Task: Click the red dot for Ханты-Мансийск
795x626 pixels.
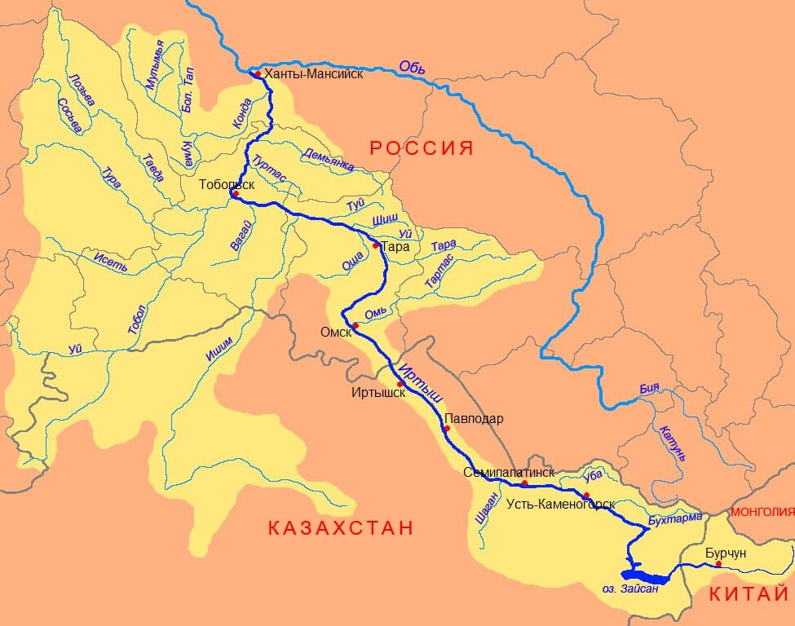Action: (x=258, y=74)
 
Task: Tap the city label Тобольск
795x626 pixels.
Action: (x=227, y=184)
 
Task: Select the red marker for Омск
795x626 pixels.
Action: (x=356, y=326)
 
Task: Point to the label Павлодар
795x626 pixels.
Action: (x=474, y=419)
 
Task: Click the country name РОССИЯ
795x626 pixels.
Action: (x=422, y=148)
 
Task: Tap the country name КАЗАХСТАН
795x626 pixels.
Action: (x=341, y=527)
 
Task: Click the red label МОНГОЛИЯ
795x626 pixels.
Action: (x=762, y=512)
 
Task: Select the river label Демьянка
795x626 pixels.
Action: (x=329, y=160)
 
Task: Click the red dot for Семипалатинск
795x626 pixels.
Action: (x=524, y=484)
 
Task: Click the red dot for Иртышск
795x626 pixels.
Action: (x=400, y=384)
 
